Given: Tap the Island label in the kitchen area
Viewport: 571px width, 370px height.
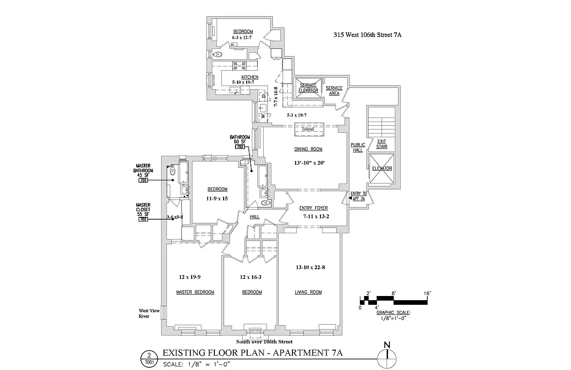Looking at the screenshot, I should coord(308,129).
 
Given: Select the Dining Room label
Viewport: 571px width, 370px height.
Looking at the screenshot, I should coord(308,149).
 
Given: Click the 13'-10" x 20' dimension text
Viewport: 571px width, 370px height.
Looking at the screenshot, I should coord(308,163).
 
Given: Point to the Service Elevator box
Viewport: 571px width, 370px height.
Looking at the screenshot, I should coord(308,88).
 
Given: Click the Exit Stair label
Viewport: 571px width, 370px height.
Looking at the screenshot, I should coord(382,144).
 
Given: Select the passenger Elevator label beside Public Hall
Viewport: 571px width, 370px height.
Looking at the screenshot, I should coord(382,168).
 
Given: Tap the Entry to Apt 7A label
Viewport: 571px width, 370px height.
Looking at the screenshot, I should coord(358,196).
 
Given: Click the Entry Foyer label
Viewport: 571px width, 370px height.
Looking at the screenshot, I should coord(314,208).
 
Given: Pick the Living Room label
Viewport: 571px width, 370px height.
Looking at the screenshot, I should coord(308,292).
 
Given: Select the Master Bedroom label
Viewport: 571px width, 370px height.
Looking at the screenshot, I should coord(195,292).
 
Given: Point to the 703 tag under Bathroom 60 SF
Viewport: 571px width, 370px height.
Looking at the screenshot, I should coord(240,147).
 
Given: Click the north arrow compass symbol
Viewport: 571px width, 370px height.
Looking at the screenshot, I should coord(387,356).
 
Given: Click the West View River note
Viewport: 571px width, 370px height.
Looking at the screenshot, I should coord(149,314).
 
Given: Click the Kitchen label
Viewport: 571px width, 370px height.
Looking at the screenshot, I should coord(249,77).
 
